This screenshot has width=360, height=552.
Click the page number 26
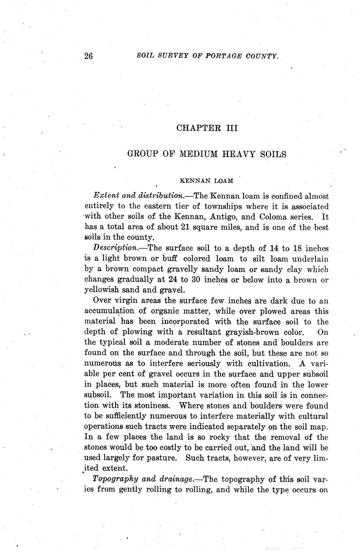point(89,56)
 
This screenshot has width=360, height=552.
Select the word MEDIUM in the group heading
point(198,154)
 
